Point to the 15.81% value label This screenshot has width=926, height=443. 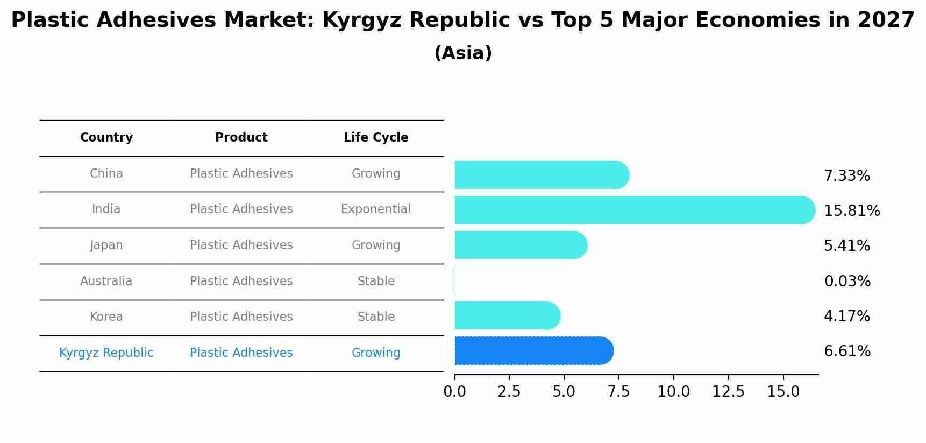(852, 211)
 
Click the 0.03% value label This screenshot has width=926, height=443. (847, 281)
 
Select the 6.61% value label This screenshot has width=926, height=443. (847, 351)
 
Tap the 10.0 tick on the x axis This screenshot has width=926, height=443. (673, 392)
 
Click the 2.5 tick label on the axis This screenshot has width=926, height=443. (509, 392)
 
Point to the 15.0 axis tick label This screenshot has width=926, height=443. (783, 392)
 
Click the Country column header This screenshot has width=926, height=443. (106, 138)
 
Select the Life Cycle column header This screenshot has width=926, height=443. (376, 138)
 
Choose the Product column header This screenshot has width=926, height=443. (241, 138)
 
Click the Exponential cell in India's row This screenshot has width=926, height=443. (375, 209)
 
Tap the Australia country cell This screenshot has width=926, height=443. (106, 281)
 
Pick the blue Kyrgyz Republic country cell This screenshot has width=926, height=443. (106, 353)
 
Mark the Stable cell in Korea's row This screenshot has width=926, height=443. (376, 317)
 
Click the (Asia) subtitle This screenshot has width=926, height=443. (462, 53)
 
